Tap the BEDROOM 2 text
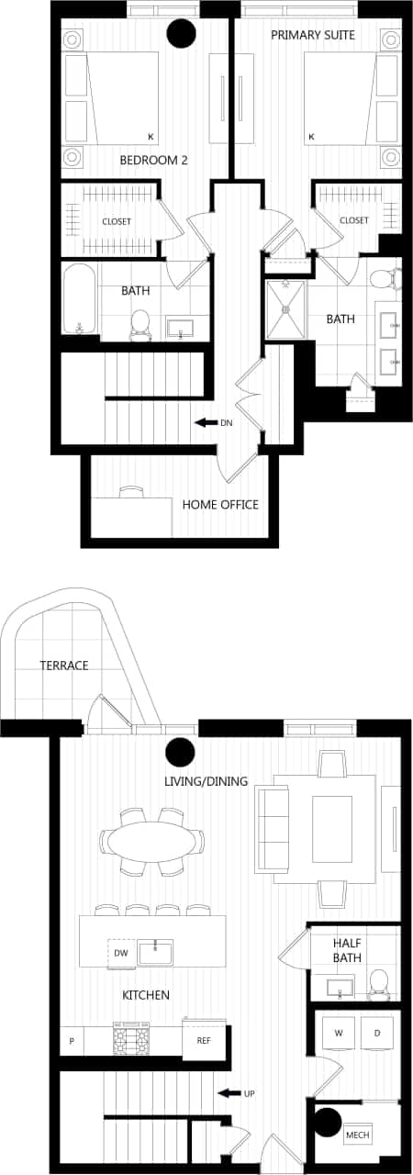click(x=153, y=160)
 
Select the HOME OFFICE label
click(x=220, y=504)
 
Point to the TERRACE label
click(x=63, y=665)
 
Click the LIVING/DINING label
click(x=206, y=781)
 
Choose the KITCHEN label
click(x=146, y=995)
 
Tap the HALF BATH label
click(x=347, y=950)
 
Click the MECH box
click(x=357, y=1136)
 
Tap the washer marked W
click(x=339, y=1034)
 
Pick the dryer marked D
click(x=376, y=1034)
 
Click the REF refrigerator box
click(x=203, y=1041)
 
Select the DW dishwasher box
click(x=120, y=953)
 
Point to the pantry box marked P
click(x=72, y=1042)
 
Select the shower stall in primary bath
click(x=287, y=309)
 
